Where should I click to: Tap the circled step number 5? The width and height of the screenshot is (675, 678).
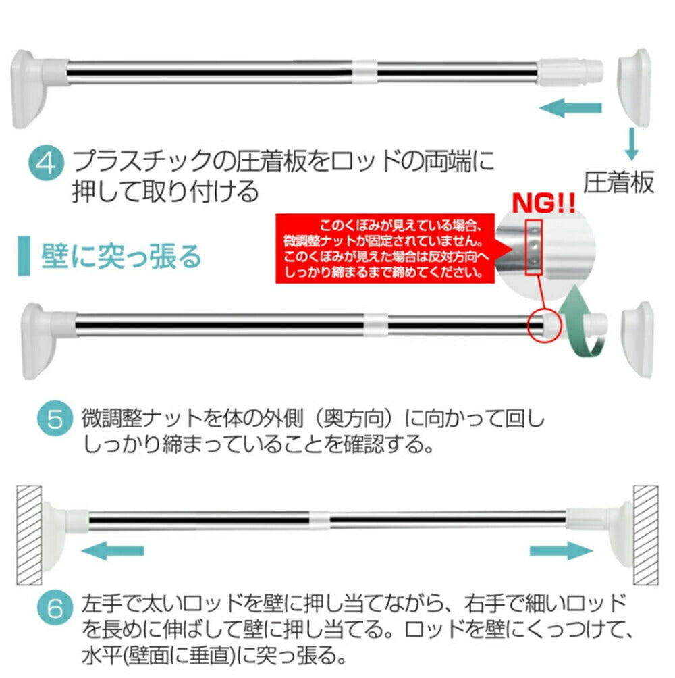coord(55,419)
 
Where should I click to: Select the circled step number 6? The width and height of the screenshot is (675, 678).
coord(55,608)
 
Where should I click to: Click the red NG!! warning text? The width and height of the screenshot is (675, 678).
coord(543,203)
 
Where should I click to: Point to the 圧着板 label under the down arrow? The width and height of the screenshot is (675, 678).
coord(619,182)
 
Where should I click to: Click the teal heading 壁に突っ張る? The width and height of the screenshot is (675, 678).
coord(122,257)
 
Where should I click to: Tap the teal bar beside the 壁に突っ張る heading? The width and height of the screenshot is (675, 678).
coord(24,256)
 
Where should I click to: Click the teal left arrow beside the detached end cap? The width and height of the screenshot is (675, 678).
coord(570,107)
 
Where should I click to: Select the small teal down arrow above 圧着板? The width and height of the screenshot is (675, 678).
coord(631,144)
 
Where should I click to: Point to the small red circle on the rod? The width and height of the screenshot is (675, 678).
coord(544,325)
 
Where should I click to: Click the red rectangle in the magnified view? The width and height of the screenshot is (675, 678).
coord(534,247)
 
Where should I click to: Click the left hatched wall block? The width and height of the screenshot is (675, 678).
coord(29,536)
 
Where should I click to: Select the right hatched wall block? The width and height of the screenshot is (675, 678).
coord(646,536)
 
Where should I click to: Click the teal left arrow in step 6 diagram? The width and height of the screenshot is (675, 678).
coord(112,550)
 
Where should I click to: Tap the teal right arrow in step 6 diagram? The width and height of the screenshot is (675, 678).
coord(562,550)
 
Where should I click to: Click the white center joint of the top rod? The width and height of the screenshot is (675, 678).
coord(364,72)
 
